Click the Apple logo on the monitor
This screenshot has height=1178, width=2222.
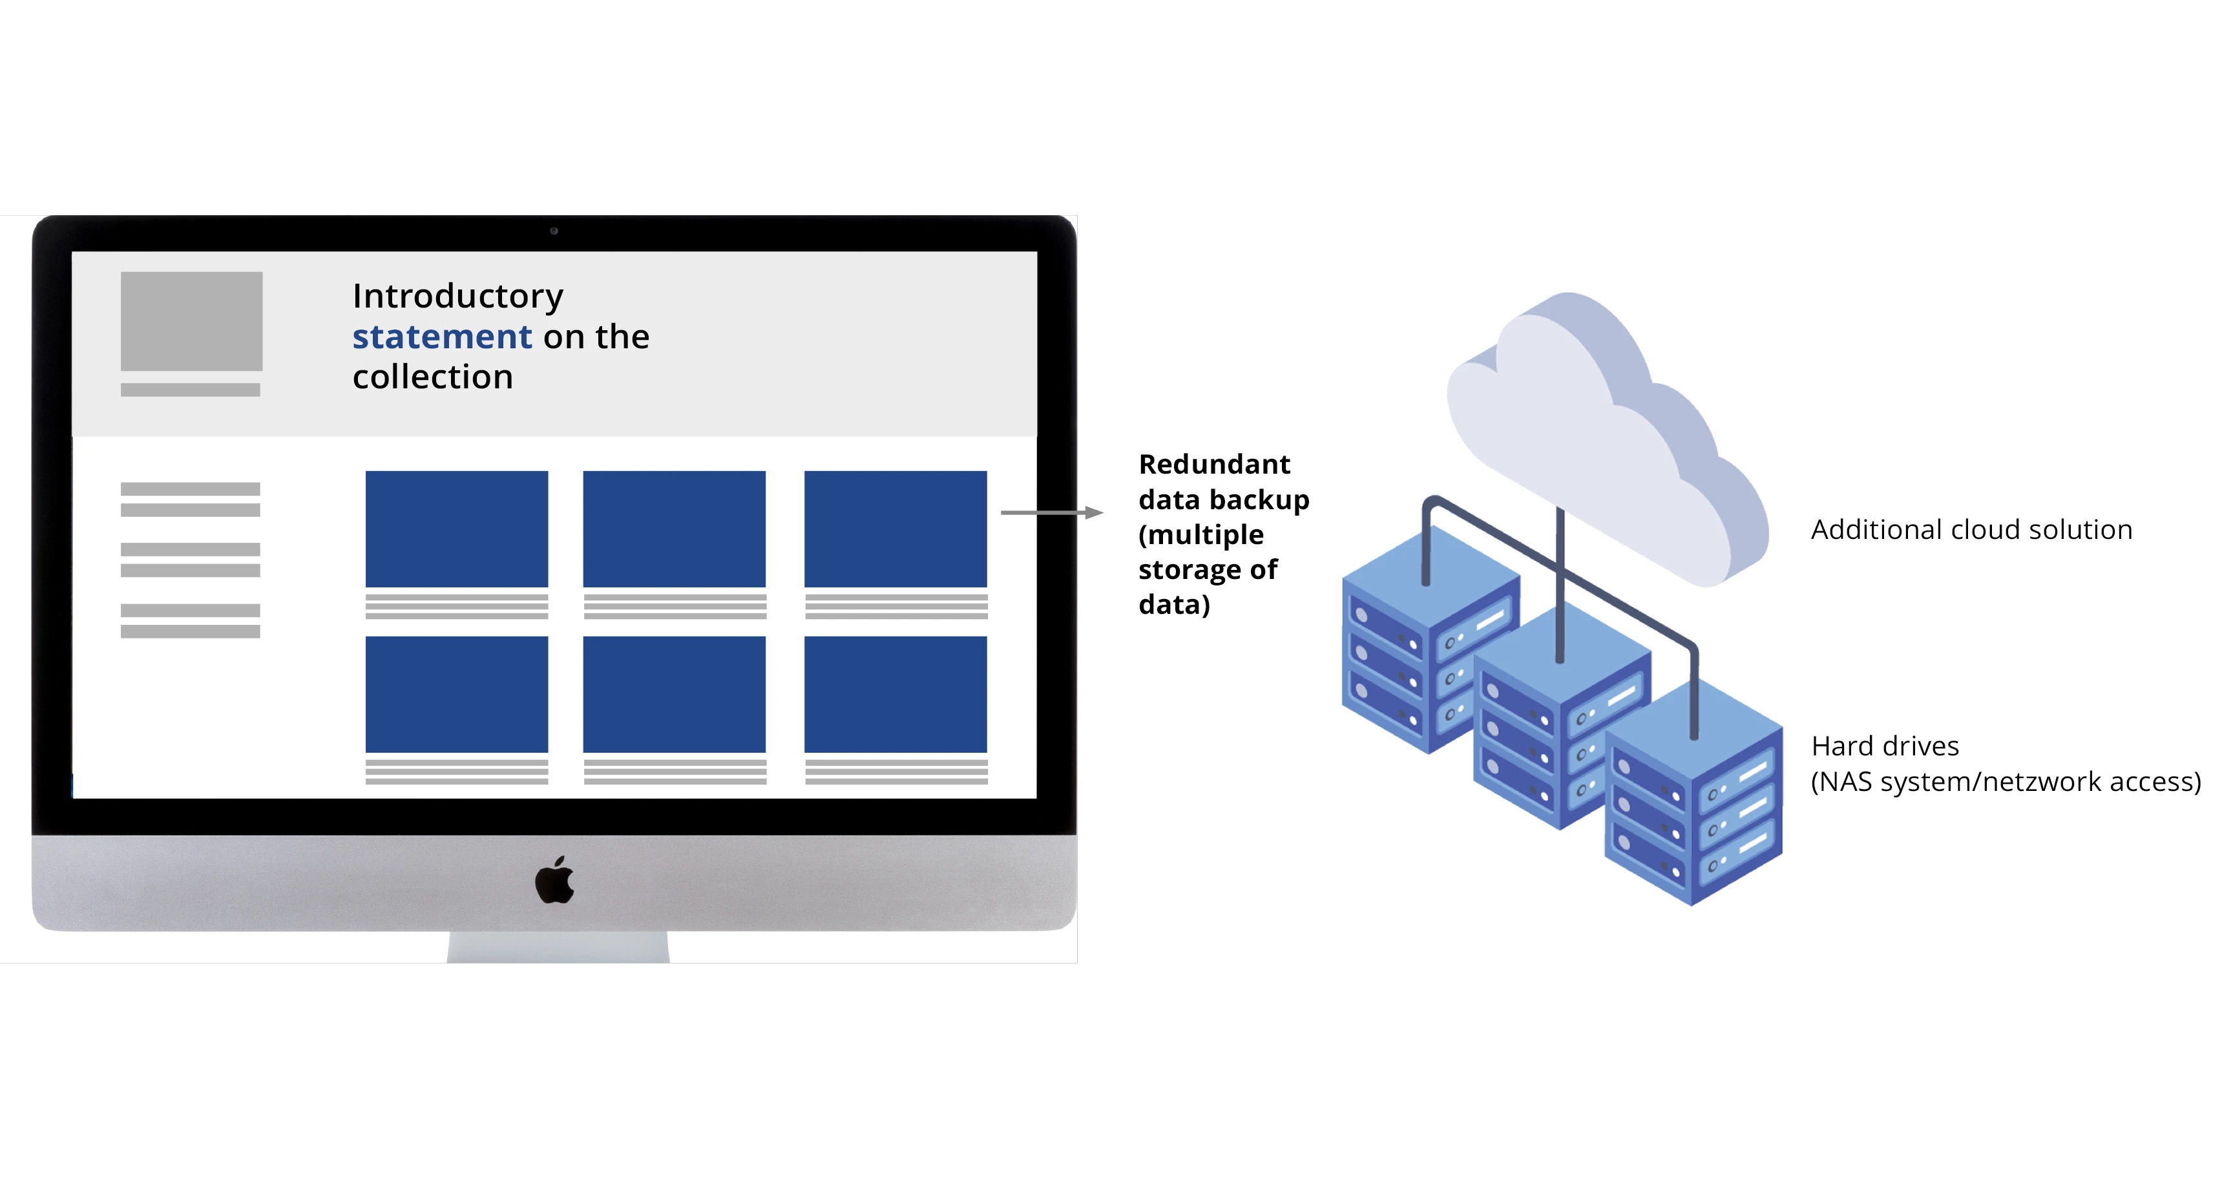pos(554,881)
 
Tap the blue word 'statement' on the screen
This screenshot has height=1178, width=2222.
pos(442,336)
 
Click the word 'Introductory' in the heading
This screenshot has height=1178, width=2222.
pos(457,296)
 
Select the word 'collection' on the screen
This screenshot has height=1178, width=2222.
pos(432,377)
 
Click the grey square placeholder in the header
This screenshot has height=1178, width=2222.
pos(191,321)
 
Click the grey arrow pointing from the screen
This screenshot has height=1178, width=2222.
pos(1051,512)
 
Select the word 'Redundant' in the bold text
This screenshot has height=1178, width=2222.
pos(1213,464)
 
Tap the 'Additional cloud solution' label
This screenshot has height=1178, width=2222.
pos(1971,529)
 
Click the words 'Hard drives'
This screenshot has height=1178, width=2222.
pos(1885,746)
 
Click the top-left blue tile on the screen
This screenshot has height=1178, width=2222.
pos(456,529)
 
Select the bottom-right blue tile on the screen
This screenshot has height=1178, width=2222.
pos(896,694)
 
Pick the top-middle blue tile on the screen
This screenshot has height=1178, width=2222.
pos(674,529)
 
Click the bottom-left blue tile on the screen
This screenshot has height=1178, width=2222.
pos(456,694)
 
